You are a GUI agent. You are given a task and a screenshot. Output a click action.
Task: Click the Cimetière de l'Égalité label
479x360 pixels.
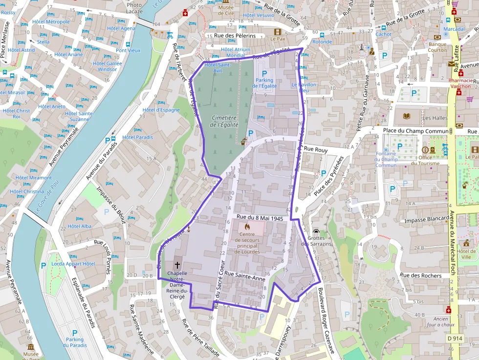224,121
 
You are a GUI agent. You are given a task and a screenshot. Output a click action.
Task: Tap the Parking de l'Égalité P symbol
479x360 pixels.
264,73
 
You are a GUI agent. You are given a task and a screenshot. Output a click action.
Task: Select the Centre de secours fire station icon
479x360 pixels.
247,227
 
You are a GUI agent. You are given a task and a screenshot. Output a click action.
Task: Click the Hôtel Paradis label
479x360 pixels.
137,137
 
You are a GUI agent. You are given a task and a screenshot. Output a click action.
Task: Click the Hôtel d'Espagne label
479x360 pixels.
161,110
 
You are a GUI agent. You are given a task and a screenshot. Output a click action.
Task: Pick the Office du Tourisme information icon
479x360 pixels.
425,149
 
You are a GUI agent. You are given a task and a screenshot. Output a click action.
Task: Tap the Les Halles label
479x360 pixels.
435,118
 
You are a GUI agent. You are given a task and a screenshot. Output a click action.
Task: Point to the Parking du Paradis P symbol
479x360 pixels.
75,332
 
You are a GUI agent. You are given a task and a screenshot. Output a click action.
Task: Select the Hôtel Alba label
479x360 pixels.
79,226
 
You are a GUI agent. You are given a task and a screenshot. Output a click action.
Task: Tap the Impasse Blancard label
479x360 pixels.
427,220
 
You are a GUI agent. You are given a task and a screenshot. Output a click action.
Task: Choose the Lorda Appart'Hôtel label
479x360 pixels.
73,264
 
